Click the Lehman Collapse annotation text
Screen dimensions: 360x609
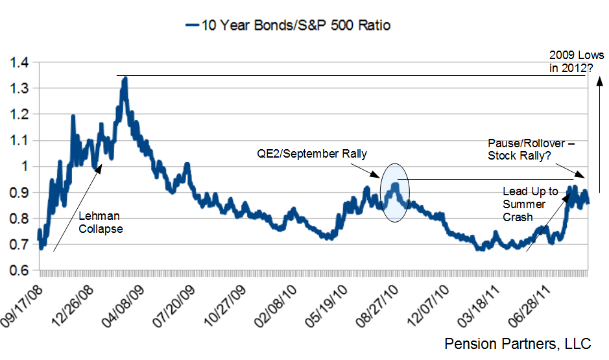pos(100,222)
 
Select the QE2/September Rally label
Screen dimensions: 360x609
pos(311,154)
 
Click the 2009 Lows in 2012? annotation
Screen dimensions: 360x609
pos(576,60)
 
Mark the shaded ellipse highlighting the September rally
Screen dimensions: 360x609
pos(395,192)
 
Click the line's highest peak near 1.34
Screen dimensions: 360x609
pos(125,78)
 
